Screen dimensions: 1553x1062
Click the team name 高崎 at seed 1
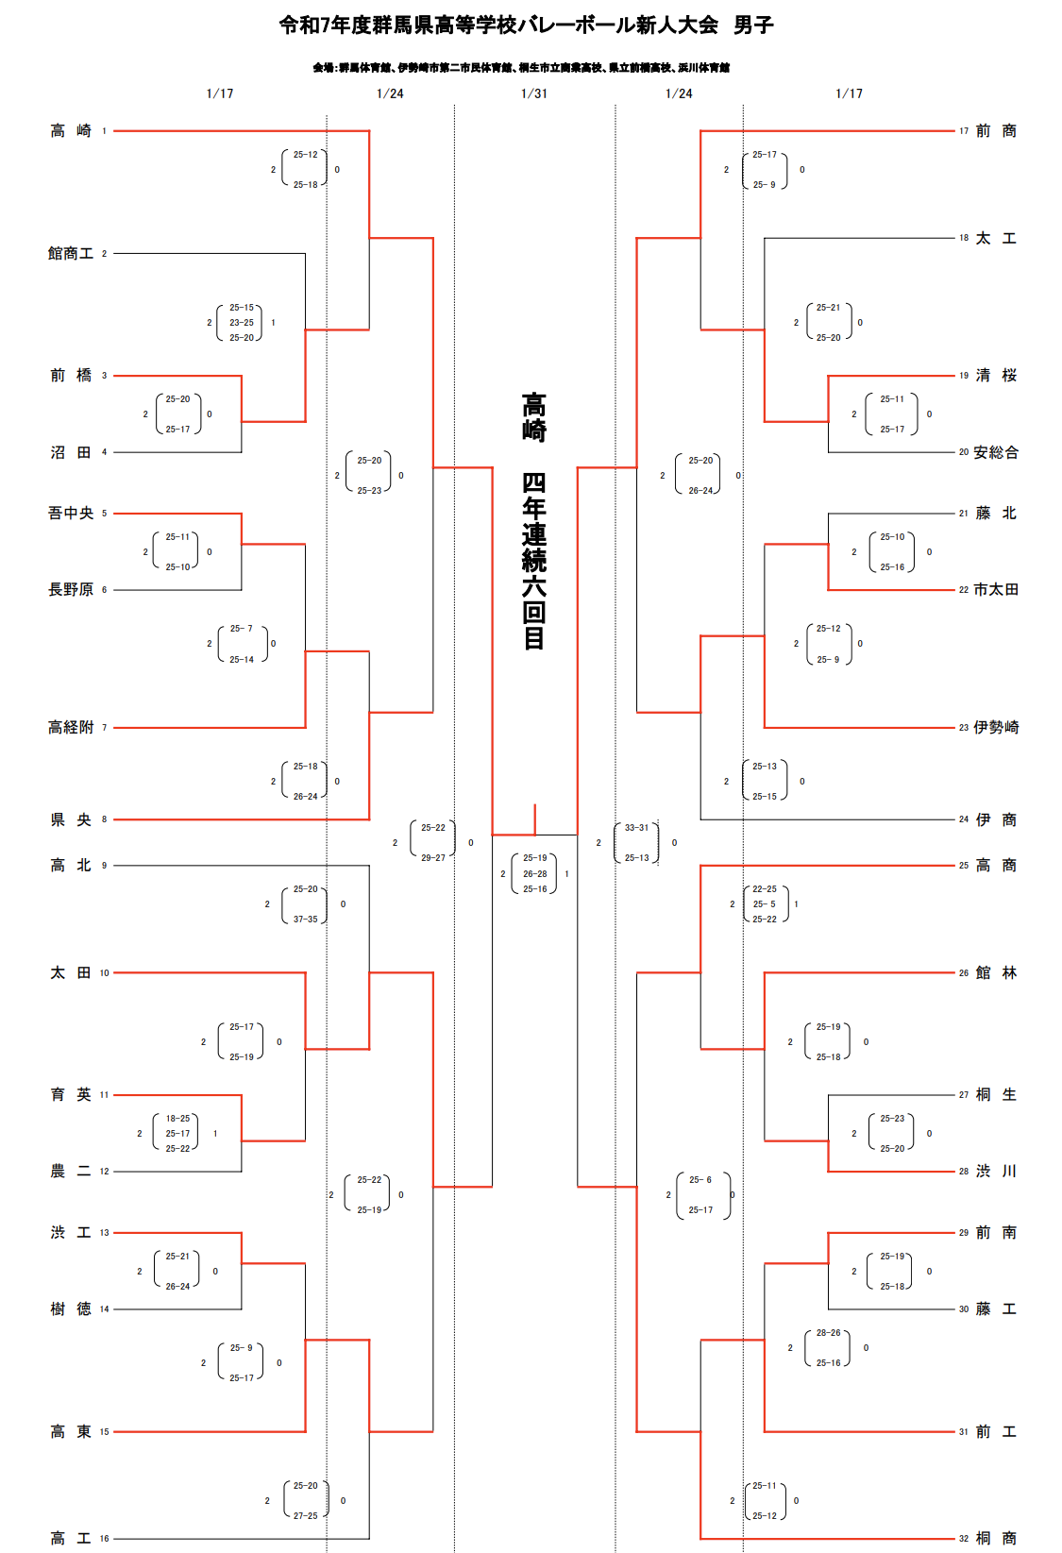[x=71, y=131]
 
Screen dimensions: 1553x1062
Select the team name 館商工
[x=71, y=254]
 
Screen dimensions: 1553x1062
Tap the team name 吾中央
[x=71, y=514]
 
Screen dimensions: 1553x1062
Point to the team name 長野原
[x=71, y=590]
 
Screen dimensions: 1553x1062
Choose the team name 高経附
[x=71, y=728]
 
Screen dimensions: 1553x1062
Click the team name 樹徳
[x=71, y=1309]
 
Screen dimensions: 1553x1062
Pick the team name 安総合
[x=996, y=453]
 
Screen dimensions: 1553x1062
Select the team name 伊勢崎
[x=996, y=728]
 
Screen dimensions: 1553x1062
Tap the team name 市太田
[x=996, y=590]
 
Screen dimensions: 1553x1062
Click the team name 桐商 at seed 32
[x=996, y=1539]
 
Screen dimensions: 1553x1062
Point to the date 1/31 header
[x=534, y=93]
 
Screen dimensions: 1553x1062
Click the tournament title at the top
[x=526, y=25]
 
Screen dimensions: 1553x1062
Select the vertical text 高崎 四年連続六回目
[x=534, y=521]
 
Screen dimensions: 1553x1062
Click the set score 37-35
[x=305, y=920]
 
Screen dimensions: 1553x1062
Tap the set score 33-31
[x=637, y=828]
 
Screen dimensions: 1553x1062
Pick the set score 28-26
[x=828, y=1333]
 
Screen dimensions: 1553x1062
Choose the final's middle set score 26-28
[x=535, y=874]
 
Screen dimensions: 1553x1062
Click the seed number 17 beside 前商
[x=964, y=131]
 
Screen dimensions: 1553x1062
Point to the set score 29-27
[x=433, y=858]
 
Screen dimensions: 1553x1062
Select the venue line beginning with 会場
[x=521, y=68]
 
